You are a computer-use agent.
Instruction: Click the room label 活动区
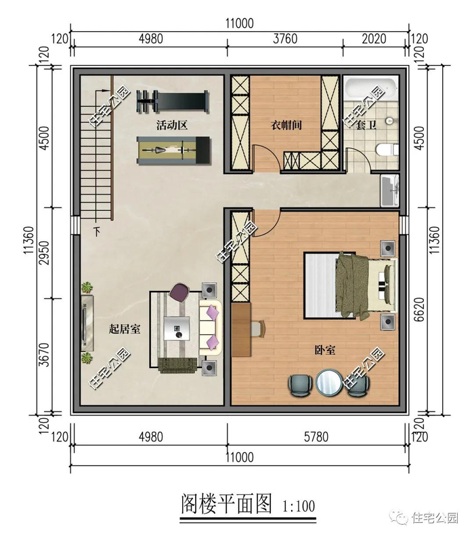click(x=171, y=125)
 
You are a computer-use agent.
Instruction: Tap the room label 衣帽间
click(x=286, y=125)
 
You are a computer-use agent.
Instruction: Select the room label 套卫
click(x=365, y=125)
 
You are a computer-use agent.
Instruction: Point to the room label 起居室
click(x=125, y=329)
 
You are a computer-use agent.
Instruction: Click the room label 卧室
click(x=325, y=350)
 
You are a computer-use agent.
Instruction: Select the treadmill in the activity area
click(x=173, y=151)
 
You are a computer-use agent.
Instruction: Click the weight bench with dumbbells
click(x=172, y=101)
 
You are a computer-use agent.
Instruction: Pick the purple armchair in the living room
click(x=179, y=292)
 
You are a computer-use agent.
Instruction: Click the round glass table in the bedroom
click(x=328, y=382)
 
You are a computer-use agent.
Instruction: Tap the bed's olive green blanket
click(x=353, y=285)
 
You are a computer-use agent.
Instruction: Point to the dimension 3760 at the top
click(x=285, y=39)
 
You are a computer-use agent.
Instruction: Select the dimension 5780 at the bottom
click(x=316, y=437)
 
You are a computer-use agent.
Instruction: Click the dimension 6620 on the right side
click(x=419, y=309)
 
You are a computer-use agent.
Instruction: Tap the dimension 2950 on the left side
click(x=44, y=253)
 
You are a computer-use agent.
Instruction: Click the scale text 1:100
click(x=298, y=506)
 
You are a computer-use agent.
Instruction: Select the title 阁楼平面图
click(x=226, y=504)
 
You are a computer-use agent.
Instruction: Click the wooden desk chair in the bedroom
click(x=258, y=329)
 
